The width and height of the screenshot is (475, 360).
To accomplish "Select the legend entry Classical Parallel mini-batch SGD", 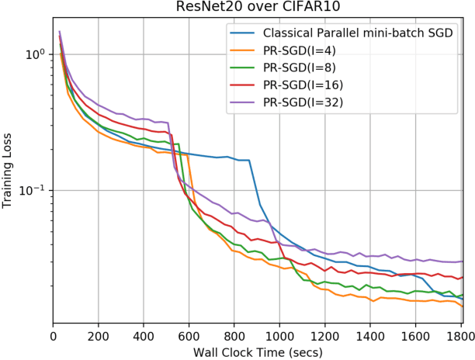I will pos(358,33).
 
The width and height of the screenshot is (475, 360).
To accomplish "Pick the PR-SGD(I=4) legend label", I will pos(304,50).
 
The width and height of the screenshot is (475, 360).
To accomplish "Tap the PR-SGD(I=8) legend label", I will pos(304,67).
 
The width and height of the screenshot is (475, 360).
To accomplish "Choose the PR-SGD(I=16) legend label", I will pos(307,85).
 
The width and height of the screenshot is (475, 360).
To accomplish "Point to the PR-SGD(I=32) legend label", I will pos(307,102).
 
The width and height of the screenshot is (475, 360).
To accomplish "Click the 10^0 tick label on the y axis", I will pos(33,54).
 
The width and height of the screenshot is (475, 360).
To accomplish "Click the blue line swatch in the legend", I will pos(242,33).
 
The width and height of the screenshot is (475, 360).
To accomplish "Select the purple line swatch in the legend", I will pos(242,102).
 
